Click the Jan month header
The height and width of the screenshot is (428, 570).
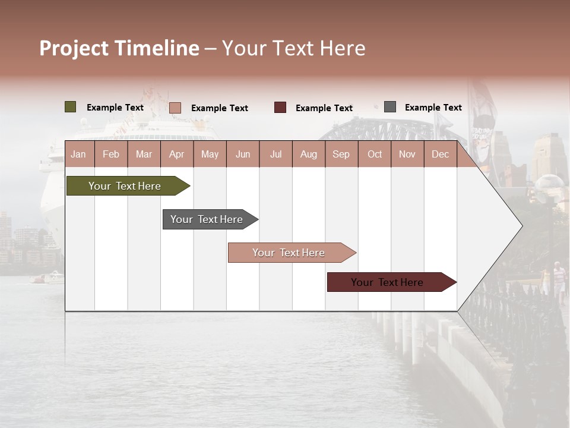pos(78,155)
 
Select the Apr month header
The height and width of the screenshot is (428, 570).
pos(176,155)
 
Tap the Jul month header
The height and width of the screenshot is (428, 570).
pos(275,155)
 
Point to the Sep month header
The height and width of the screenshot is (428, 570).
pos(341,155)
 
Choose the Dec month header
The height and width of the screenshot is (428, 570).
pos(440,155)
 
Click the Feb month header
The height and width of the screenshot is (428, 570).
pos(111,155)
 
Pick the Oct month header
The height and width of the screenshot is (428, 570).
pos(375,155)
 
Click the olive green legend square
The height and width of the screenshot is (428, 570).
pos(71,107)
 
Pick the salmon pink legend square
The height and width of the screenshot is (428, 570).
pos(175,108)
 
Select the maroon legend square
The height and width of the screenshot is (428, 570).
pos(280,107)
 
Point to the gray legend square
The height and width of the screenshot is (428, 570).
pos(390,107)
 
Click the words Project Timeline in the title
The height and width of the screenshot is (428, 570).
pos(119,48)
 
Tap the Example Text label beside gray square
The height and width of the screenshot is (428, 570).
pos(433,108)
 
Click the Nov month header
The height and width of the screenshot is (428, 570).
pos(407,155)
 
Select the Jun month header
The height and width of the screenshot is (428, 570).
pos(243,155)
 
